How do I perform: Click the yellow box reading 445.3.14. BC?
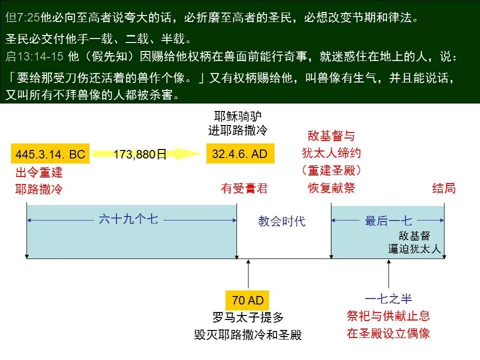pos(50,154)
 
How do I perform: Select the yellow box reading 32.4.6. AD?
pos(240,153)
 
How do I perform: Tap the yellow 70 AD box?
pos(247,300)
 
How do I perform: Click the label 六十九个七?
pos(128,219)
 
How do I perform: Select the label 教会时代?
pos(281,221)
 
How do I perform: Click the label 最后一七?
pos(388,221)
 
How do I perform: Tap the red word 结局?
pos(444,188)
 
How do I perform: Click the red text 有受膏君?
pos(244,188)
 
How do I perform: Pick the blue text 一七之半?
pos(388,299)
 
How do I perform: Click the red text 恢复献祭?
pos(331,188)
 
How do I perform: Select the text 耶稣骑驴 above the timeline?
pos(237,117)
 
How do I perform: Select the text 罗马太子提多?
pos(248,317)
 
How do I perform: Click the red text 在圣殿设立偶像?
pos(388,333)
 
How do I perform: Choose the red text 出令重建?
pos(39,173)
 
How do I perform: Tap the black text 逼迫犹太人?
pos(414,248)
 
